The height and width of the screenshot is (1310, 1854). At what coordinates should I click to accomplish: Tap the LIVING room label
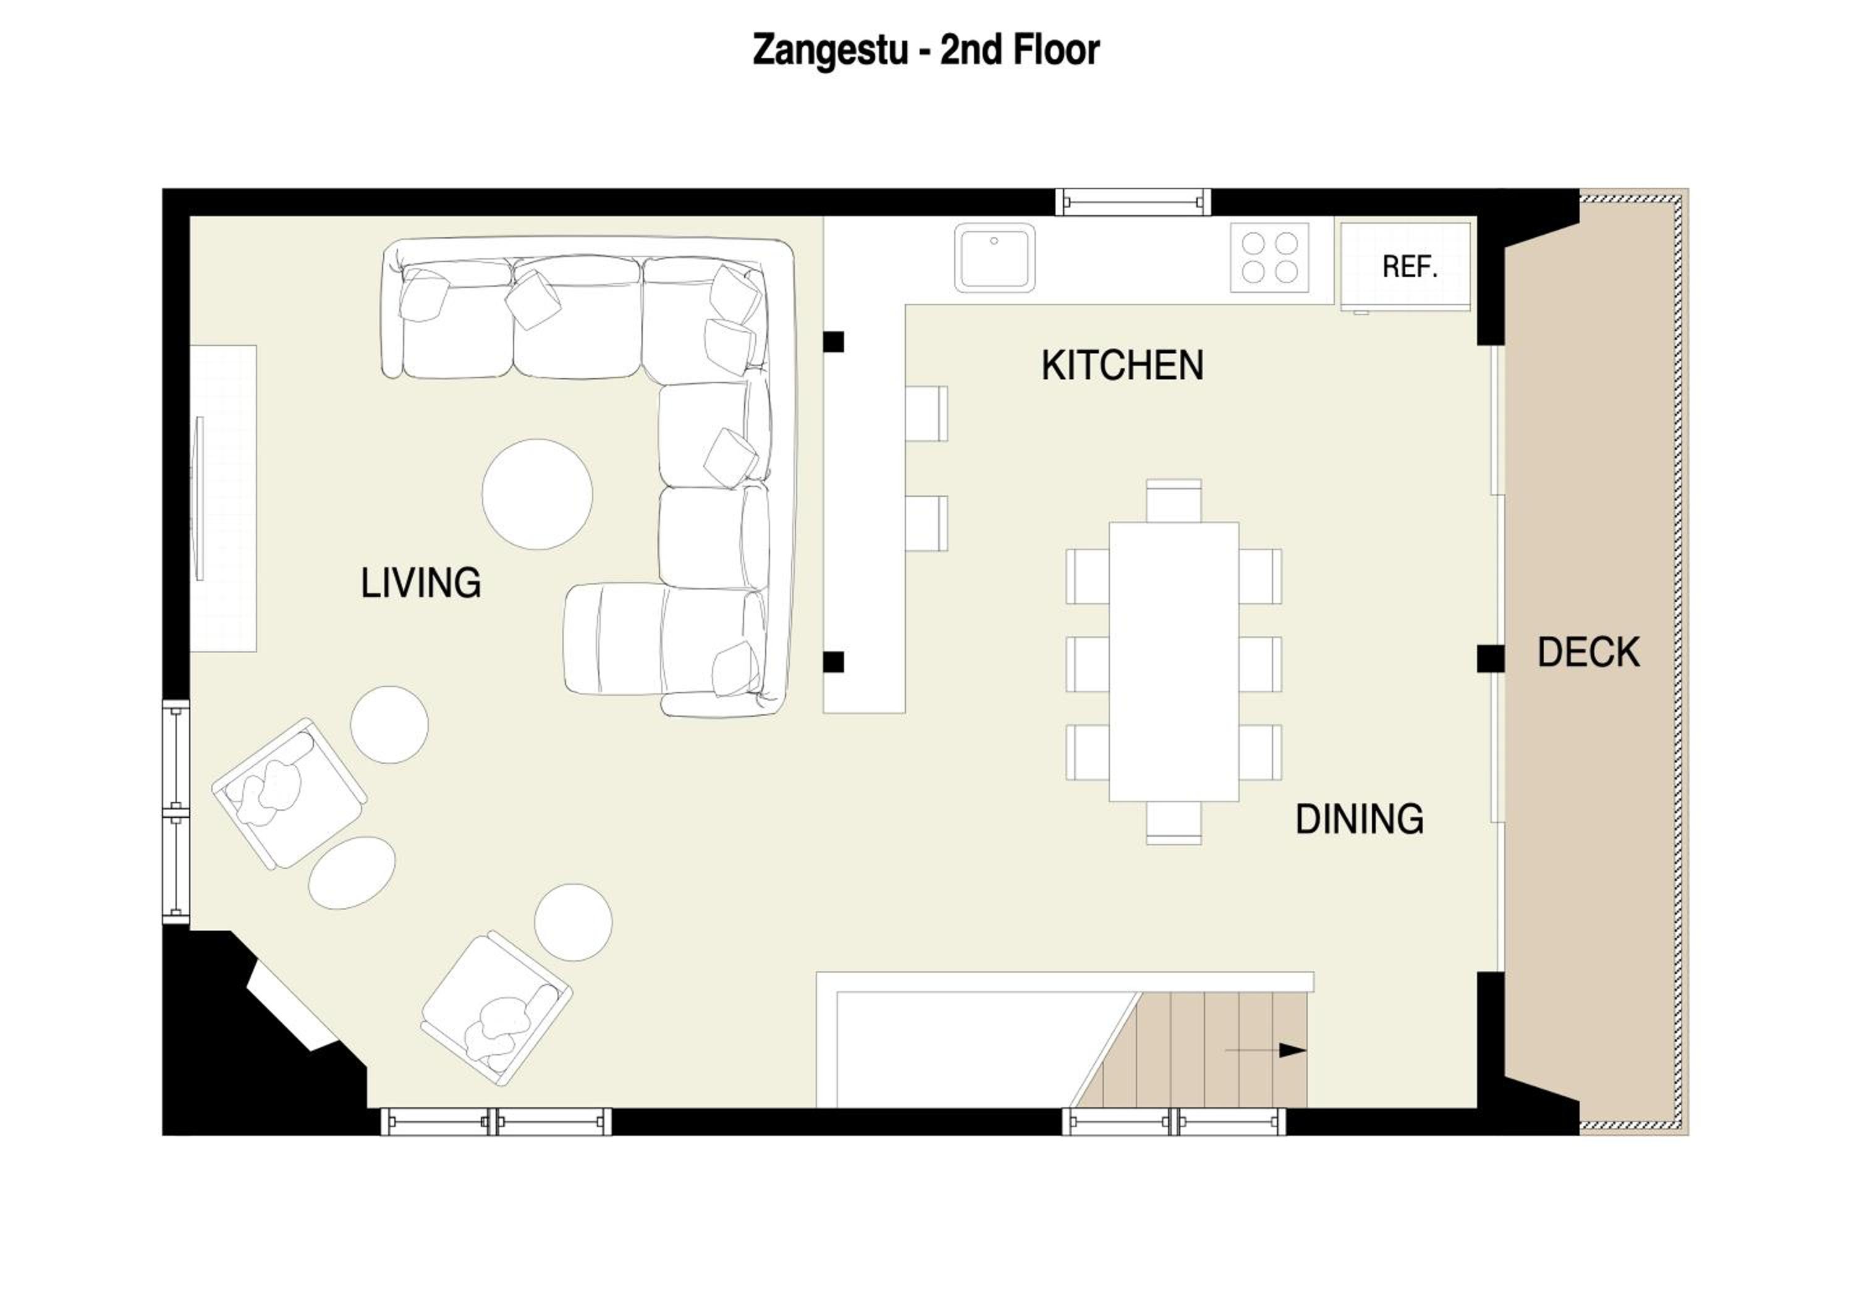point(421,583)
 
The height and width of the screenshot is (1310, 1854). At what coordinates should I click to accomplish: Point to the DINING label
point(1360,819)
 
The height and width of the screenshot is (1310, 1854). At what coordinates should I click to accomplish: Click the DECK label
point(1588,652)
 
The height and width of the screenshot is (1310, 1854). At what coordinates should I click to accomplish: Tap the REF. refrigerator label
point(1410,266)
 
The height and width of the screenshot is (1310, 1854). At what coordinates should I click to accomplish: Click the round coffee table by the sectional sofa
point(537,494)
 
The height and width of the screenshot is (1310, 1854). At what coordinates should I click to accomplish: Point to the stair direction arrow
point(1265,1050)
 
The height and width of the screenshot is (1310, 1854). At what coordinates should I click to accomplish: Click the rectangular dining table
point(1174,661)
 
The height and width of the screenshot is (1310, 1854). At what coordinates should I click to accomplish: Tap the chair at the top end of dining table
point(1174,501)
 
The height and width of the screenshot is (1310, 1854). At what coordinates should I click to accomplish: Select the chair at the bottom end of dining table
point(1174,822)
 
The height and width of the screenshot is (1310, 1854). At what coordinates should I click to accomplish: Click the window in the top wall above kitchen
point(1133,202)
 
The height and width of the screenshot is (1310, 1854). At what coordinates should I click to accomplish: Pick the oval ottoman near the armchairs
point(352,873)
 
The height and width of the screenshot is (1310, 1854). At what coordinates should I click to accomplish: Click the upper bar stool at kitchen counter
point(926,413)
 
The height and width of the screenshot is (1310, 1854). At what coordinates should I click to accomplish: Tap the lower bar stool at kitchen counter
point(926,523)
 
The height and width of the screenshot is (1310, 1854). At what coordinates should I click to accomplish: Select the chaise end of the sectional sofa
point(614,638)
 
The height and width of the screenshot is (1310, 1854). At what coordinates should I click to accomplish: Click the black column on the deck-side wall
point(1491,659)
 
